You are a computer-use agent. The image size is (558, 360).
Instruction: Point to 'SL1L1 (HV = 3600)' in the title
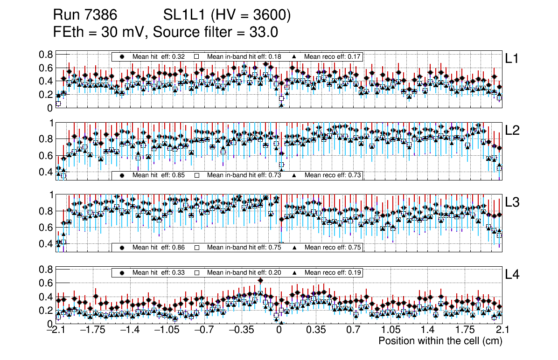click(x=227, y=16)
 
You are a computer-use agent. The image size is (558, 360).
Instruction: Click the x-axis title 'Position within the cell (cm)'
click(x=440, y=341)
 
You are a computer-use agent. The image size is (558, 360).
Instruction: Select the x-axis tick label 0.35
click(x=316, y=330)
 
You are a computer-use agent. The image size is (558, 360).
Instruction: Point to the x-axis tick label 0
click(x=279, y=330)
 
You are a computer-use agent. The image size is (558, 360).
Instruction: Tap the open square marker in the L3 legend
click(x=197, y=248)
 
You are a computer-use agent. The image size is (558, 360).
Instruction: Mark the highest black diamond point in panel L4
click(x=260, y=280)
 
